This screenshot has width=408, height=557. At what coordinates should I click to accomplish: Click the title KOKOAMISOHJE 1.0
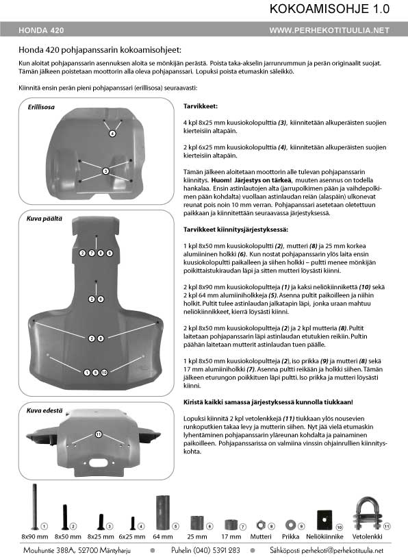329,9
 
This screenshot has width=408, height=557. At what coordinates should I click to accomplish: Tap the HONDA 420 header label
41,30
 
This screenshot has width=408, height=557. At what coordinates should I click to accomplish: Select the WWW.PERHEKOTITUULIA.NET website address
329,30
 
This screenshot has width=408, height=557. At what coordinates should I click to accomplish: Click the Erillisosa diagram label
41,107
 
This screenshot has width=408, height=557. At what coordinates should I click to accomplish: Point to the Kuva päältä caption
44,219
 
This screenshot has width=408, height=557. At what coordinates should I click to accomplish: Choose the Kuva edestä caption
44,410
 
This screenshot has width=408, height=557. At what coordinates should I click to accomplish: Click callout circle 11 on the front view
99,434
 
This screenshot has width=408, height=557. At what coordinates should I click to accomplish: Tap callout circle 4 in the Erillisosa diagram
112,134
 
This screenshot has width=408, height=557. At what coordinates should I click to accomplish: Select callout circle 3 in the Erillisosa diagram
105,171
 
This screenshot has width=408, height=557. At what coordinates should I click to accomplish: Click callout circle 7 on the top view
92,253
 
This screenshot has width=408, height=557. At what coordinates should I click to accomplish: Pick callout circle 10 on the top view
104,372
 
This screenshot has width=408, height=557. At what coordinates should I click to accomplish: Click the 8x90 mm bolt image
35,506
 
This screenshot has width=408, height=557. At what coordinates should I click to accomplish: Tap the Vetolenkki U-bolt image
367,514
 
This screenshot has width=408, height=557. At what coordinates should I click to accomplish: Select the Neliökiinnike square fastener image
324,520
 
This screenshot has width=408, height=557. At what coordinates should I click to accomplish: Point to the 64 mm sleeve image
163,512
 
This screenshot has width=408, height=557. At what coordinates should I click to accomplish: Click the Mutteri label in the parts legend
261,536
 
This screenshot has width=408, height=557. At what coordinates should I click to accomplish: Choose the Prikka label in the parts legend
291,536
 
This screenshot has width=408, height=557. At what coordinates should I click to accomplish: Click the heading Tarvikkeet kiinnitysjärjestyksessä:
235,230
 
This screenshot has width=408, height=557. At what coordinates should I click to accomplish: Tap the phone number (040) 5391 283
216,550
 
